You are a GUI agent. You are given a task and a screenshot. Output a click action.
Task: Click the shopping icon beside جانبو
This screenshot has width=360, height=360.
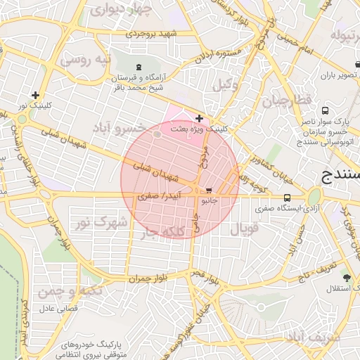tap(209, 191)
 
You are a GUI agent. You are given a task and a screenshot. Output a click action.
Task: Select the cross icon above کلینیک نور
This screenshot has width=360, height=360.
tap(36, 95)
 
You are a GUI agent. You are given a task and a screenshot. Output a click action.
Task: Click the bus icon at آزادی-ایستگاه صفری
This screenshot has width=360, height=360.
tap(287, 198)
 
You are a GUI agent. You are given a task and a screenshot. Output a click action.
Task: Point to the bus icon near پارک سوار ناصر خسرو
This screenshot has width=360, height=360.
tap(325, 110)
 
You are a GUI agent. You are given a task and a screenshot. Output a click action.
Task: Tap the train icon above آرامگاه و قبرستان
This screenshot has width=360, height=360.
tap(137, 75)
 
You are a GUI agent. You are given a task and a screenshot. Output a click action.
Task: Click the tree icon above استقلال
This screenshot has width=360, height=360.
tap(345, 277)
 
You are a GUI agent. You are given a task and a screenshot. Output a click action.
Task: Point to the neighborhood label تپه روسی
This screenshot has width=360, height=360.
tap(85, 60)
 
